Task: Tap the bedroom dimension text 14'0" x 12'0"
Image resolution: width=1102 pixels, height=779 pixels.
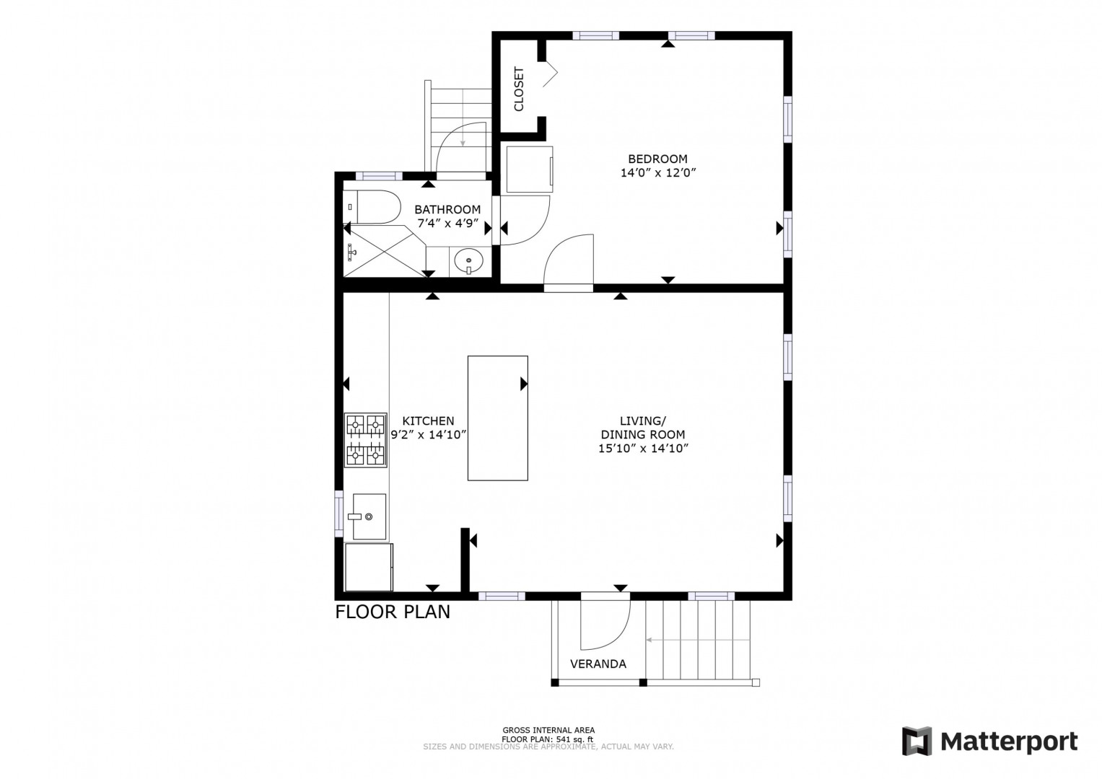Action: click(x=658, y=172)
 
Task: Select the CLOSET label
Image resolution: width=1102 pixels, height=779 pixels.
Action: click(x=519, y=89)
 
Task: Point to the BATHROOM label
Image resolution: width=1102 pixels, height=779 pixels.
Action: click(x=447, y=209)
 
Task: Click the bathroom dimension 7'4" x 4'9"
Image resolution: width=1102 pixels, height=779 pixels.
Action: click(x=447, y=224)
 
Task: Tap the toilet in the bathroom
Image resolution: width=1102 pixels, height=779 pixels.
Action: click(x=372, y=207)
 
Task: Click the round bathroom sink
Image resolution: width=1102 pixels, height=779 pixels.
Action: click(x=469, y=260)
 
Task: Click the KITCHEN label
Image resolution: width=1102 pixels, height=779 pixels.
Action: click(x=428, y=421)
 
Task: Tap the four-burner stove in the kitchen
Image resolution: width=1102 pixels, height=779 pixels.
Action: click(x=366, y=440)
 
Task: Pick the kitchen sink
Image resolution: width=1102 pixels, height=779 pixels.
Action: click(x=369, y=516)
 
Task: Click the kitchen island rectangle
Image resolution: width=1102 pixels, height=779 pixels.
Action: click(x=498, y=418)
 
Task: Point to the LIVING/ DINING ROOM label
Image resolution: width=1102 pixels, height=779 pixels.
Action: click(x=643, y=428)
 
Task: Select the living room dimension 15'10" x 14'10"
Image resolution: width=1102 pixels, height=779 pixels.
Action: click(x=643, y=449)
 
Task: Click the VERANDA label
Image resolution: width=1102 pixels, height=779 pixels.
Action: click(x=598, y=664)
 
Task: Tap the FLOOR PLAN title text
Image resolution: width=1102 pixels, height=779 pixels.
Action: click(x=393, y=612)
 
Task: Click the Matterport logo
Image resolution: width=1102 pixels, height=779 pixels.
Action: click(x=990, y=741)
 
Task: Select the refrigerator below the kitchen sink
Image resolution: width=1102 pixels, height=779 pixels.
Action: click(x=369, y=567)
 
